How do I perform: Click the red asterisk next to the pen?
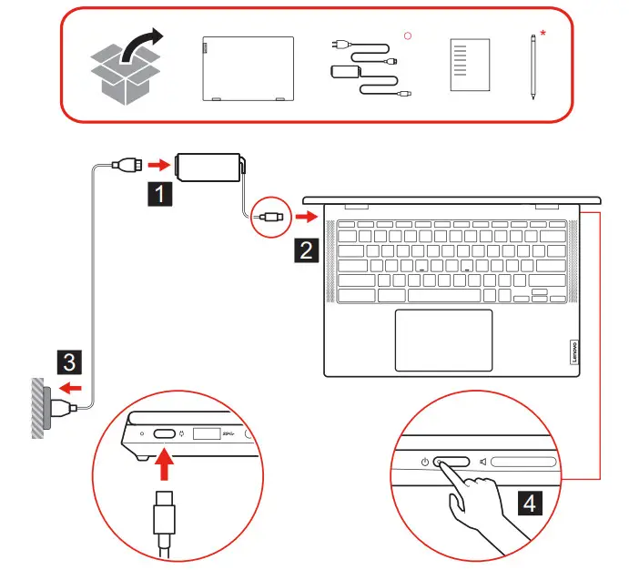pyautogui.click(x=543, y=35)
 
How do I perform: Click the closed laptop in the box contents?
pyautogui.click(x=248, y=66)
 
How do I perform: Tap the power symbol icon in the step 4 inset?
pyautogui.click(x=425, y=462)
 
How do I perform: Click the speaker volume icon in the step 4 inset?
pyautogui.click(x=482, y=462)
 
